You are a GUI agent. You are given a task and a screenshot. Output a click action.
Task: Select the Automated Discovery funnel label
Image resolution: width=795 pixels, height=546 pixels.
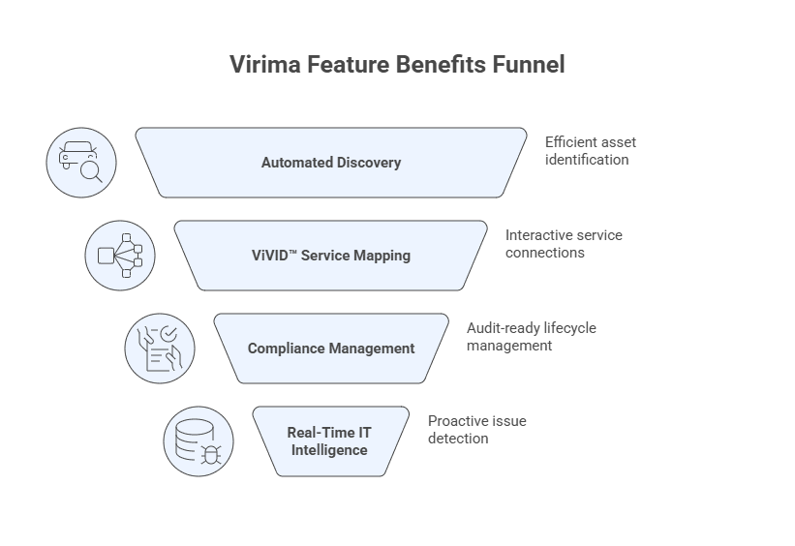point(331,163)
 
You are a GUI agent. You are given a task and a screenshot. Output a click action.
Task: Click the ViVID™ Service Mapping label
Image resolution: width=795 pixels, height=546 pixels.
point(331,256)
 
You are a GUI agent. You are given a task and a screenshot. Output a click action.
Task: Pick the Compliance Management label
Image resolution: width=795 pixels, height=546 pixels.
point(331,349)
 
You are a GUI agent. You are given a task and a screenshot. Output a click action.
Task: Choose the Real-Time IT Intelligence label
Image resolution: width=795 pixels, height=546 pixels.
point(329,441)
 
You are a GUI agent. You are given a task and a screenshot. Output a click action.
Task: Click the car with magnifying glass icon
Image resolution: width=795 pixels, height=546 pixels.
point(81,163)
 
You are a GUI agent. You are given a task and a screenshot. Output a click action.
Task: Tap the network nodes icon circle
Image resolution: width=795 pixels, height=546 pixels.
point(120,256)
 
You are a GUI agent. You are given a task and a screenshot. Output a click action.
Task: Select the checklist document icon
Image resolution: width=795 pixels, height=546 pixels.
point(160,349)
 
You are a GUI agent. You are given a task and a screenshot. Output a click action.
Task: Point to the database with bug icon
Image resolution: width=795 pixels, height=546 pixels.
point(199,441)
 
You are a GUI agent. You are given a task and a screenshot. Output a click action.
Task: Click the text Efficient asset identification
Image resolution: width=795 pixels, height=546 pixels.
point(590,150)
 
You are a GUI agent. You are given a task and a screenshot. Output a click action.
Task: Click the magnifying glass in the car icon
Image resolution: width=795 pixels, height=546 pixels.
point(91,172)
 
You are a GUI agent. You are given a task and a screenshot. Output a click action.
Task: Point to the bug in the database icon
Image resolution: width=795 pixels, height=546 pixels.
point(210,453)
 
